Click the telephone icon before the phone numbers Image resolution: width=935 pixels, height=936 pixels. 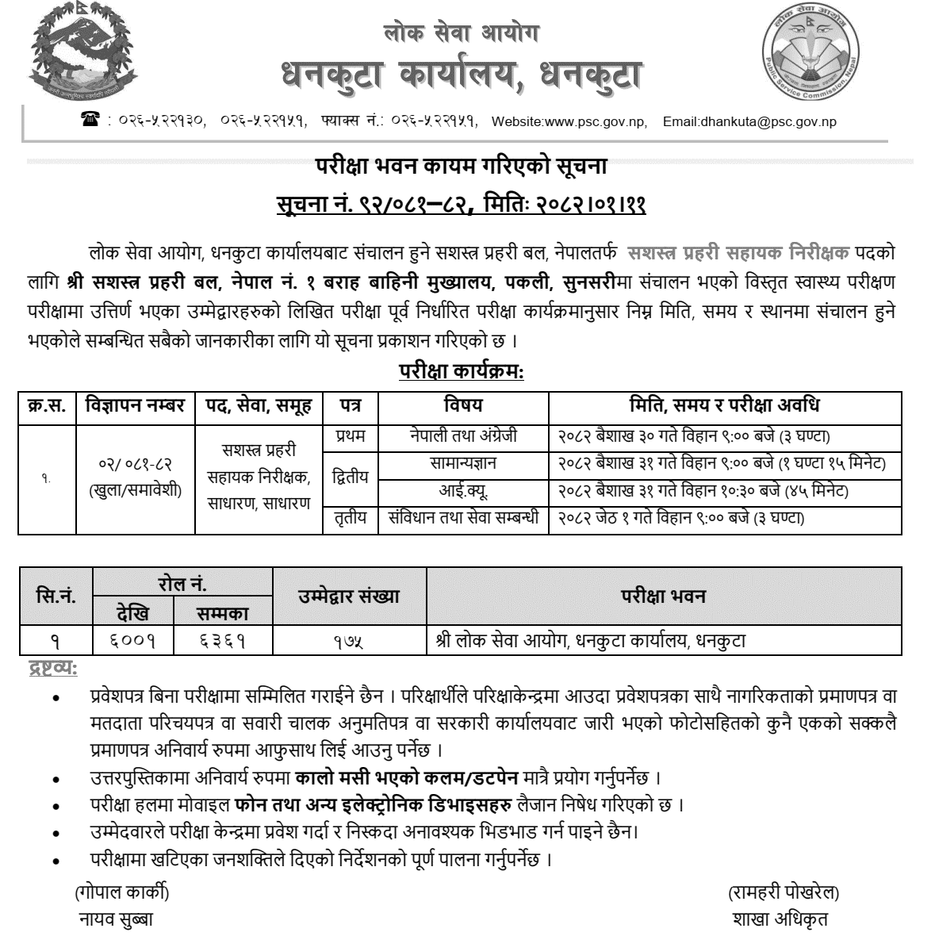tap(88, 121)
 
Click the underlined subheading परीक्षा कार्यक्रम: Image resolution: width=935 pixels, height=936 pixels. tap(461, 371)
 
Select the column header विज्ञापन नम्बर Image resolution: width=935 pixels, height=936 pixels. tap(134, 406)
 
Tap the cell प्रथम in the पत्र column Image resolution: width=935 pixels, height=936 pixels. tap(349, 435)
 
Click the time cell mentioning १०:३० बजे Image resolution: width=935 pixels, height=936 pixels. tap(699, 491)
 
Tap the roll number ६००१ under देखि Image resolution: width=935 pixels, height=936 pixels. tap(132, 639)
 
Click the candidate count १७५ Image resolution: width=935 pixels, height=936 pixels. tap(348, 640)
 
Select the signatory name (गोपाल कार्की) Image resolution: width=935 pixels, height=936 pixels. tap(121, 892)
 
